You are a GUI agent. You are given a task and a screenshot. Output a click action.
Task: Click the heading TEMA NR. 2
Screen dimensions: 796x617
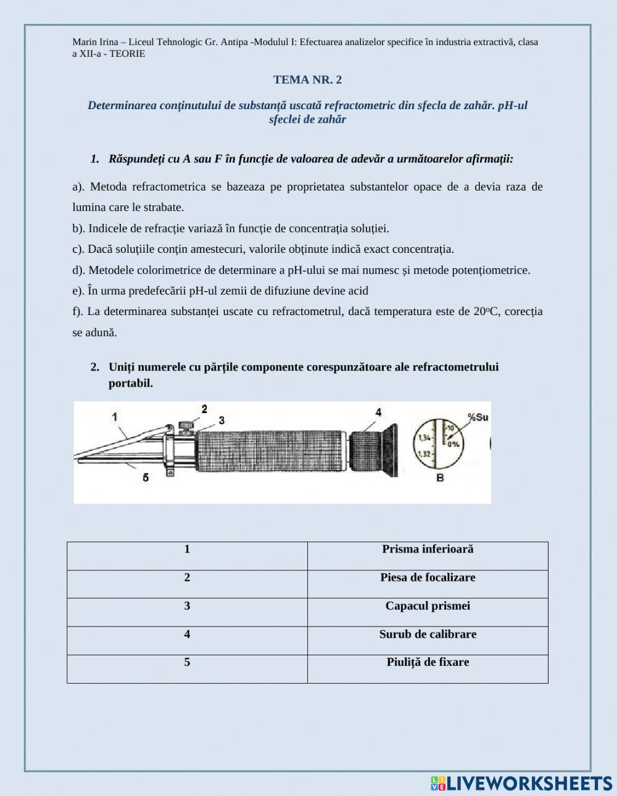click(x=307, y=80)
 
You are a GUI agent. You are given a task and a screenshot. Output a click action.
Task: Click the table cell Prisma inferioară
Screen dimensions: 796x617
click(x=428, y=549)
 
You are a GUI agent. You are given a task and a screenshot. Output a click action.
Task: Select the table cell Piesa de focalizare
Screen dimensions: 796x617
click(x=428, y=578)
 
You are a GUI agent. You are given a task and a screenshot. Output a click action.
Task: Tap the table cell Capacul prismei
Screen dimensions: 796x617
click(x=428, y=606)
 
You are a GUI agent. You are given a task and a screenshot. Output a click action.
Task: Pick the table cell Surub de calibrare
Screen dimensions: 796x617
click(x=428, y=634)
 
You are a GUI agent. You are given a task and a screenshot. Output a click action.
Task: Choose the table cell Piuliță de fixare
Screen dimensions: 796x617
click(x=428, y=662)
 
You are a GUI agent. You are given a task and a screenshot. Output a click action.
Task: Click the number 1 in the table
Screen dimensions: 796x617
click(x=187, y=549)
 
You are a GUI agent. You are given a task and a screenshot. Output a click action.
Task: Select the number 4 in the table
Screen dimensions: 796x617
click(x=187, y=634)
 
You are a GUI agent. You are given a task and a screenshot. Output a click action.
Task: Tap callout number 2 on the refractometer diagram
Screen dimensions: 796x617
click(x=204, y=409)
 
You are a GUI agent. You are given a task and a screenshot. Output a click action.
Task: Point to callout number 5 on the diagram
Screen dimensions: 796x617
click(x=146, y=477)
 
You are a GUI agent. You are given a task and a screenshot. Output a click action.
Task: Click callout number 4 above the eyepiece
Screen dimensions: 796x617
click(x=378, y=412)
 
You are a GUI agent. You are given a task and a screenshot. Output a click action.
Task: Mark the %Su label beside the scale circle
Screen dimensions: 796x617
click(x=478, y=417)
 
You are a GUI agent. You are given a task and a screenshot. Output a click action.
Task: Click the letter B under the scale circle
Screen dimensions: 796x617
click(x=440, y=478)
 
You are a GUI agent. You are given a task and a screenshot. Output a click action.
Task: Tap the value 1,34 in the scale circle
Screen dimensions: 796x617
click(x=424, y=438)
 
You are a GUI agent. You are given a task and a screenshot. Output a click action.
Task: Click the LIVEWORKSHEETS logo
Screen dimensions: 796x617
click(x=521, y=783)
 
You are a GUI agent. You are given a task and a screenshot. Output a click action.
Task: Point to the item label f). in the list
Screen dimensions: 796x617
click(x=78, y=311)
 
